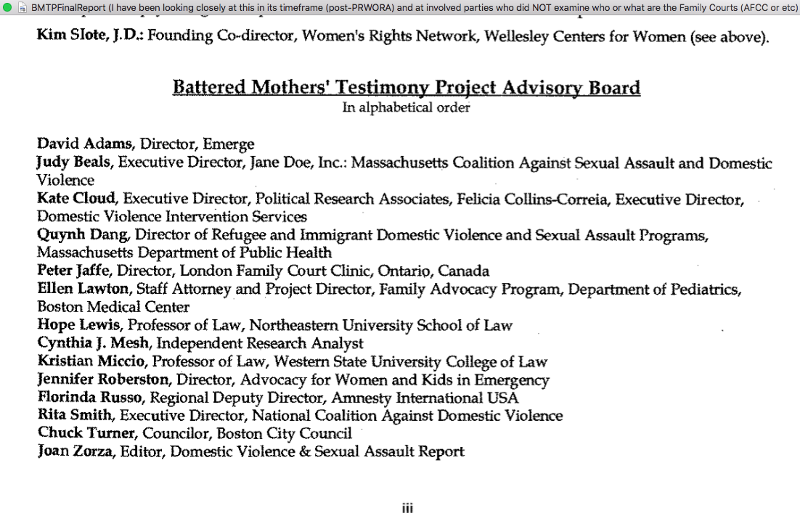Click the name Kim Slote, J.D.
[x=90, y=36]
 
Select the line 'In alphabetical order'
[x=406, y=107]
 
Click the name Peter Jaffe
[x=74, y=271]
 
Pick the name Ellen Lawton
[x=83, y=289]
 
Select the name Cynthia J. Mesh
[x=94, y=343]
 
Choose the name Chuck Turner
[x=86, y=434]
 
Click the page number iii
[x=407, y=509]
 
